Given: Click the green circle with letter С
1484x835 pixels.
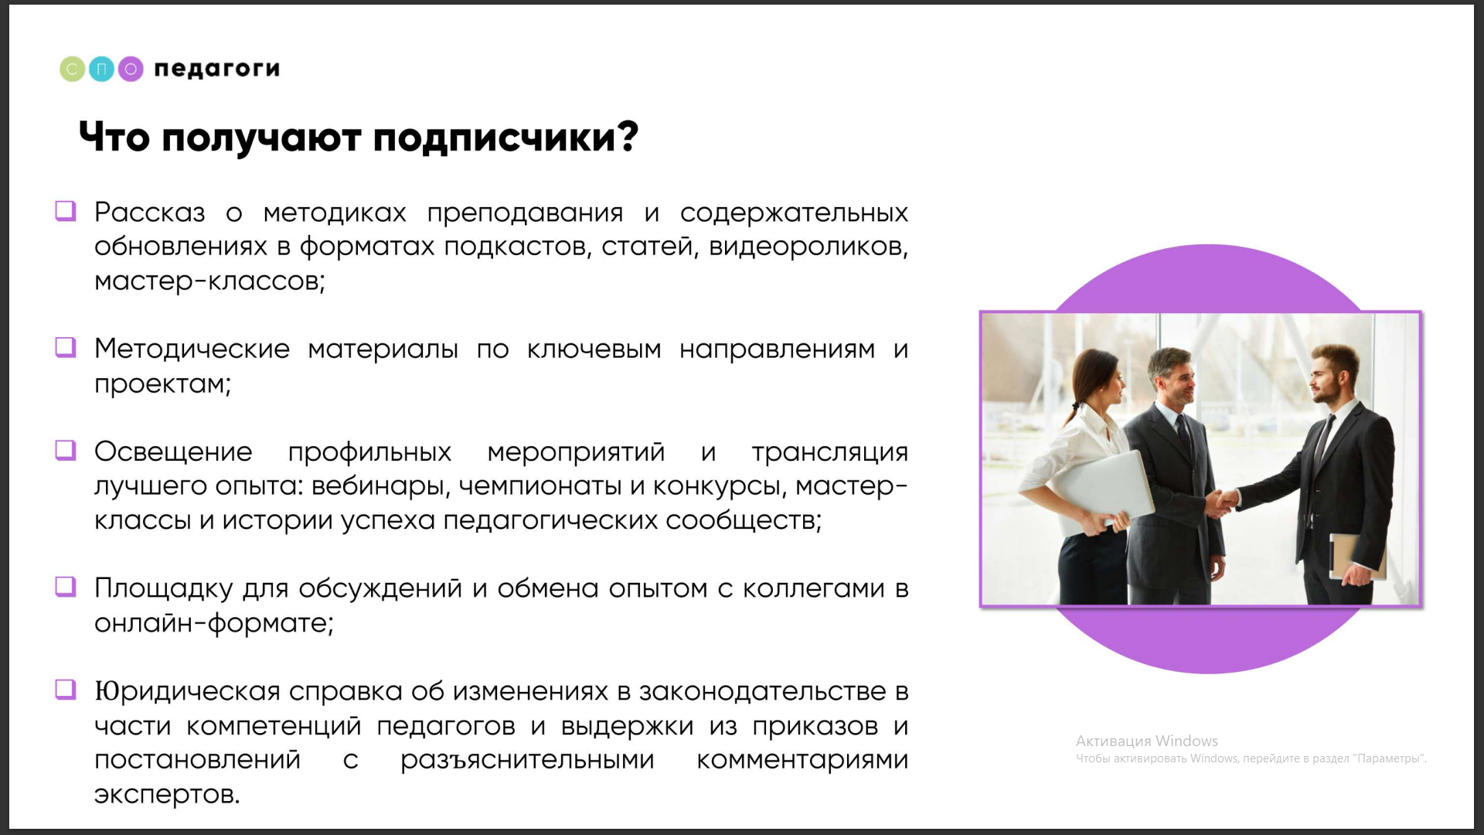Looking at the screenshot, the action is pyautogui.click(x=72, y=69).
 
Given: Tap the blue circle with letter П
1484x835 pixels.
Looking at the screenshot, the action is pyautogui.click(x=101, y=69).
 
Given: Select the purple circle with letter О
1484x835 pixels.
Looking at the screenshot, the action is pyautogui.click(x=131, y=69).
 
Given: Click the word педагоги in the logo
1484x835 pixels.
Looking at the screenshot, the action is pyautogui.click(x=217, y=70).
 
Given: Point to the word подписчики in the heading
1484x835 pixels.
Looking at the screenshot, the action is pyautogui.click(x=505, y=138).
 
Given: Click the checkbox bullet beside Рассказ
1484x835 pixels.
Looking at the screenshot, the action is pyautogui.click(x=66, y=211).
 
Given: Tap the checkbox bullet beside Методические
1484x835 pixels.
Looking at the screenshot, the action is pyautogui.click(x=66, y=348).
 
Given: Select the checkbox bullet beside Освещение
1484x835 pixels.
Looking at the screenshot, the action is pyautogui.click(x=66, y=451).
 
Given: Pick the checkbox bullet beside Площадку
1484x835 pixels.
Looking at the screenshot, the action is pyautogui.click(x=66, y=588).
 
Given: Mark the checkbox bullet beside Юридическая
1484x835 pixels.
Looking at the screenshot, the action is pyautogui.click(x=66, y=690).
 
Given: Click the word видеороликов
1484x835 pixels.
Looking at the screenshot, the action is pyautogui.click(x=808, y=247).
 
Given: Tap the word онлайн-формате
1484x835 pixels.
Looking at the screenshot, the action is pyautogui.click(x=214, y=623).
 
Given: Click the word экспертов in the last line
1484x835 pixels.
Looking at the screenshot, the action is pyautogui.click(x=167, y=795).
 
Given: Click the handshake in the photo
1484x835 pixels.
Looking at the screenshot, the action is pyautogui.click(x=1219, y=503).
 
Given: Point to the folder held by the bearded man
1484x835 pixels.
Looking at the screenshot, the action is pyautogui.click(x=1352, y=555).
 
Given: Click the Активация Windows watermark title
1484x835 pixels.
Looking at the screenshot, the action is pyautogui.click(x=1147, y=741).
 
